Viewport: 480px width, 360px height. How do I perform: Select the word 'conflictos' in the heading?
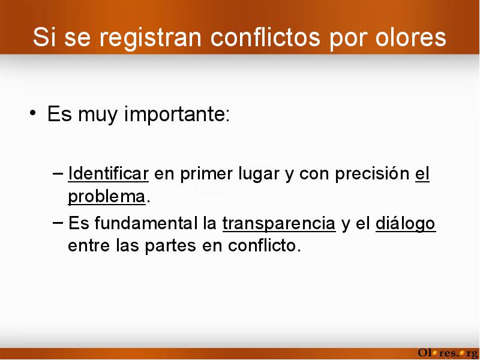click(x=265, y=37)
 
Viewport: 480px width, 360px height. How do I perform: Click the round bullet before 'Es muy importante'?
click(x=33, y=113)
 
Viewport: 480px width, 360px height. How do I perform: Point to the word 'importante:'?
click(x=177, y=115)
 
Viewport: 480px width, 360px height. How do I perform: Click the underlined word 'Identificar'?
click(x=109, y=173)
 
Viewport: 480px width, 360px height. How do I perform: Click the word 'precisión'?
click(x=372, y=174)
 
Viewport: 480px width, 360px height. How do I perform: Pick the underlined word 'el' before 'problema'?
click(x=422, y=173)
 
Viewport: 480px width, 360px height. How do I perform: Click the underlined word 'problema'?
click(x=107, y=197)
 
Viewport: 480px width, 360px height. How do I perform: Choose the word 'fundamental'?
click(x=146, y=223)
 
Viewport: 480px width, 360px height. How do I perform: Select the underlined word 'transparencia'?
click(x=279, y=224)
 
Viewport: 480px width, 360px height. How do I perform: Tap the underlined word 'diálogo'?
click(x=406, y=224)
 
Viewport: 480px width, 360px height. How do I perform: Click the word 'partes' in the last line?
click(x=170, y=246)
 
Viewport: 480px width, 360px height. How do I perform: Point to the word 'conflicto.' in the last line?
click(x=265, y=245)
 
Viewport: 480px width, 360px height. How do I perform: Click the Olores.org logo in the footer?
click(x=448, y=353)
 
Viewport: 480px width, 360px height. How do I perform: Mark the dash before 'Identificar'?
click(x=58, y=173)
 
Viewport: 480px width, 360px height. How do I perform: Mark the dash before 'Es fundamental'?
click(x=58, y=223)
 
